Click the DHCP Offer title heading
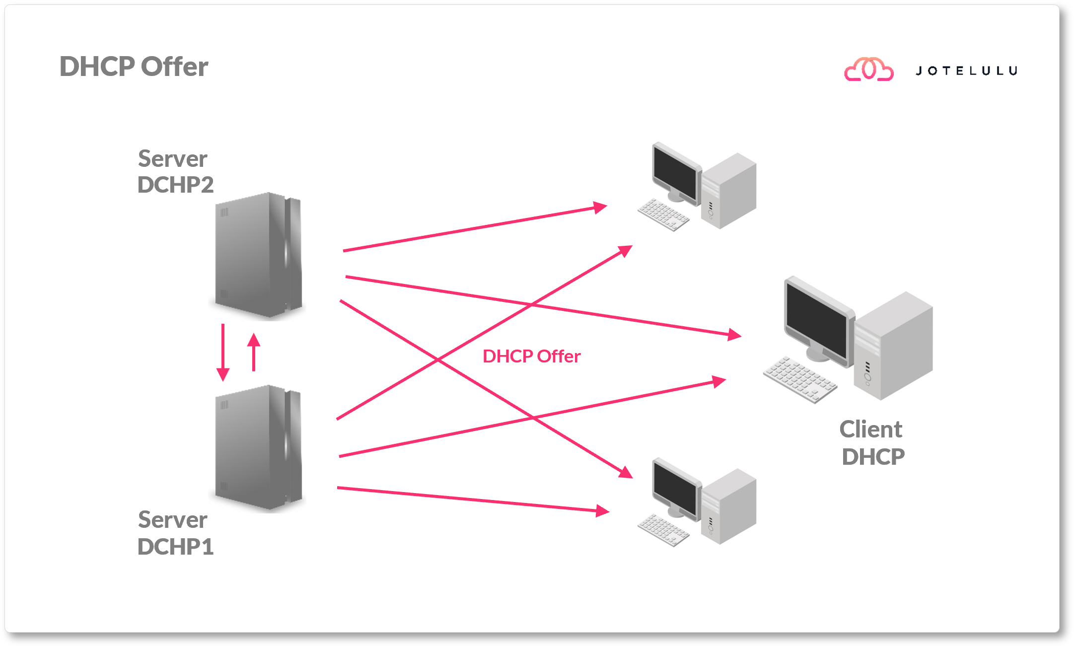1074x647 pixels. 134,67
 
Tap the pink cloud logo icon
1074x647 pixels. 868,70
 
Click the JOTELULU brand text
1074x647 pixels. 966,71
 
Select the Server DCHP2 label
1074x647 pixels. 174,172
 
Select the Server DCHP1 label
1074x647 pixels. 174,533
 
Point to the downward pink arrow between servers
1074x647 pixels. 223,352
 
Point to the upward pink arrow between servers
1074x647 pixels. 254,352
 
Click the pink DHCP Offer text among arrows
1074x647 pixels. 531,356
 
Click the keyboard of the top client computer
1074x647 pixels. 663,215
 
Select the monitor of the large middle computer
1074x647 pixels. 817,320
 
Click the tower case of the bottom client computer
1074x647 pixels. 729,506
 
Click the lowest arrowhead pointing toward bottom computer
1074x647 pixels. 602,510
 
